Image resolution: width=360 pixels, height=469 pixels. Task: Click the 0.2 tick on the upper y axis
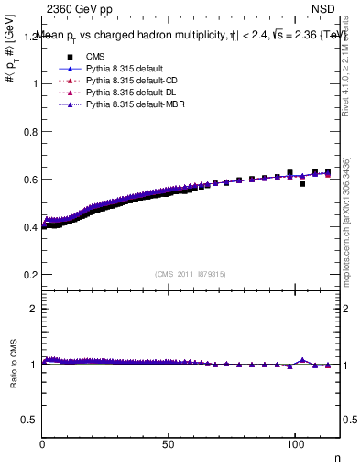pyautogui.click(x=29, y=274)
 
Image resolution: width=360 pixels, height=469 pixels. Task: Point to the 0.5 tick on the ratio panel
pyautogui.click(x=29, y=420)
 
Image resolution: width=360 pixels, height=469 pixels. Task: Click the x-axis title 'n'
pyautogui.click(x=335, y=457)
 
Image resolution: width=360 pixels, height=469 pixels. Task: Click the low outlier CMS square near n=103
pyautogui.click(x=302, y=184)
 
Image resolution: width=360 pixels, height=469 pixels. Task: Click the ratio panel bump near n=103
pyautogui.click(x=302, y=360)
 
